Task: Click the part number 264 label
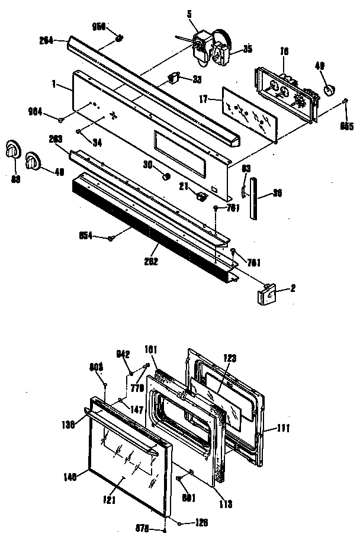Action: [46, 40]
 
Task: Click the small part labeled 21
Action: [202, 194]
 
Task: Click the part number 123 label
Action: [230, 357]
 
